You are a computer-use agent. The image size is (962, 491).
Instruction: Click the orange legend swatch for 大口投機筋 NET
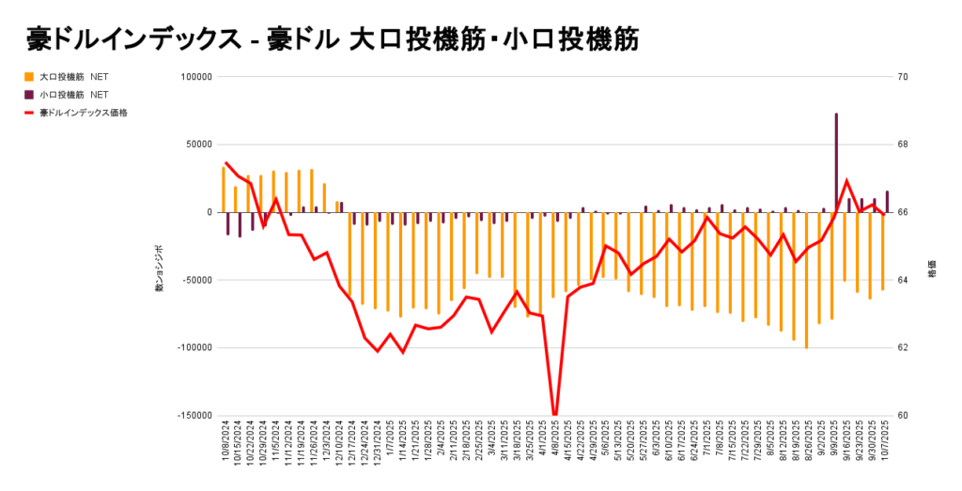(29, 77)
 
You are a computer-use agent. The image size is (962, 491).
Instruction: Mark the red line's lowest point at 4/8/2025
(555, 413)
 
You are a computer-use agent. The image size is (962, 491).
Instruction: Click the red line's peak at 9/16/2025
(846, 180)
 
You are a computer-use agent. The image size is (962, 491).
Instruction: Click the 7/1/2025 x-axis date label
(708, 448)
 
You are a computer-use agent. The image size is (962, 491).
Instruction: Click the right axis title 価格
(933, 269)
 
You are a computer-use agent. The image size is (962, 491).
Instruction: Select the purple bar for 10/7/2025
(887, 202)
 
